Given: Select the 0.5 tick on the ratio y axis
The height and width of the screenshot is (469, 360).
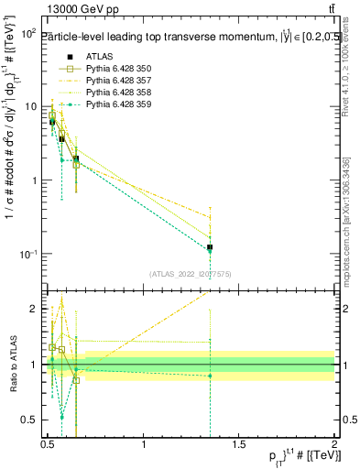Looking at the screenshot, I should point(30,420).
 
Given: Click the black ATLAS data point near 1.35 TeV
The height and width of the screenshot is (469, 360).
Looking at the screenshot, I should point(211,247).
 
